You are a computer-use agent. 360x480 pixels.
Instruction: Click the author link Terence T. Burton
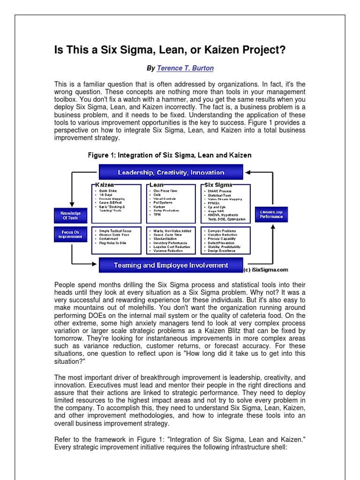pos(185,68)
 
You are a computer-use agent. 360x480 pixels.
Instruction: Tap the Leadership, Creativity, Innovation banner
pos(171,172)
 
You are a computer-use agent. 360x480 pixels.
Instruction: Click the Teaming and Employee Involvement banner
pos(171,265)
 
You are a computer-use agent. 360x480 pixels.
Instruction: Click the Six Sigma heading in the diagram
pos(219,186)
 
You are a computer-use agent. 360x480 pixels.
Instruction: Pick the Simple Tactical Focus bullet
pos(116,231)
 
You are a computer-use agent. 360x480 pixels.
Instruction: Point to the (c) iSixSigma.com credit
pos(265,270)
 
